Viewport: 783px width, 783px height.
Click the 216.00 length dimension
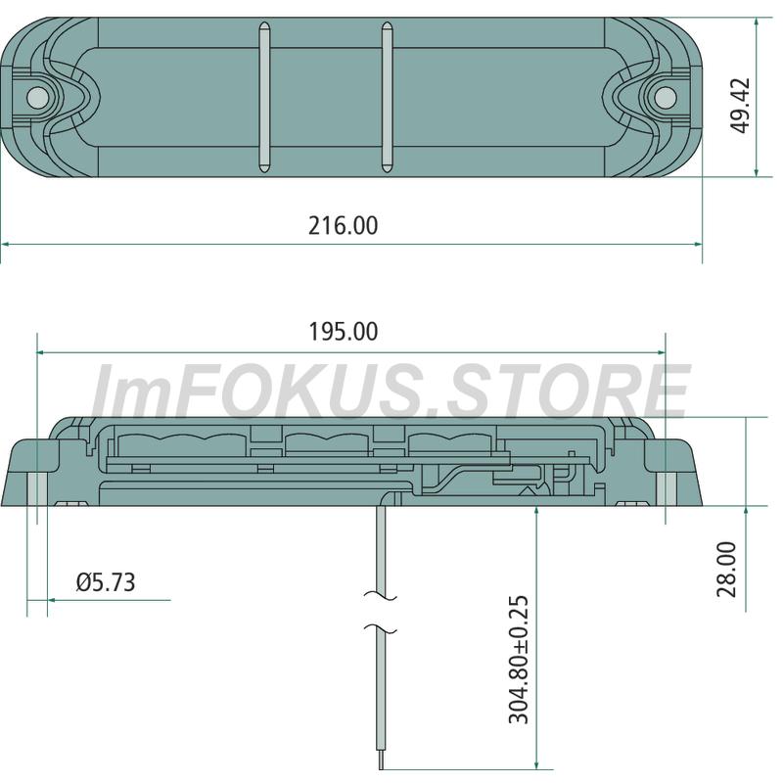tap(344, 226)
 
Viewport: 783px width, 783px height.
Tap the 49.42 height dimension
tap(740, 106)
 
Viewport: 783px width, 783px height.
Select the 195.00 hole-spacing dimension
tap(344, 332)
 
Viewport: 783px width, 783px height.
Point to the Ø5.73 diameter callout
tap(106, 582)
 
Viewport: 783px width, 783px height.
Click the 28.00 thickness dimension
tap(726, 570)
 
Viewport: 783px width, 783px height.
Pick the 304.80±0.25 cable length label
tap(519, 659)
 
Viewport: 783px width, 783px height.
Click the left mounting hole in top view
tap(37, 97)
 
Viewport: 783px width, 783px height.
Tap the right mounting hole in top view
tap(666, 97)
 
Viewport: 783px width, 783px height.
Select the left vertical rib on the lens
tap(264, 97)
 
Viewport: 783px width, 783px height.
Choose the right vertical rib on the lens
tap(387, 97)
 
